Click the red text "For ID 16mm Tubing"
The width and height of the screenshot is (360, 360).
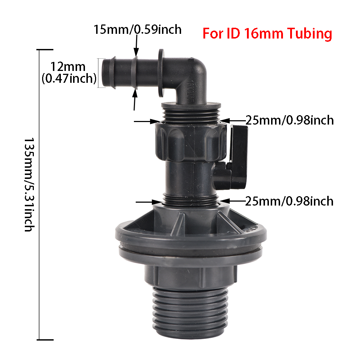tap(267, 34)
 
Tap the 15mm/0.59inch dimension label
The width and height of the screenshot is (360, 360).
tap(138, 29)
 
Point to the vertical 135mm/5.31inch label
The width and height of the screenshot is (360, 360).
tap(29, 184)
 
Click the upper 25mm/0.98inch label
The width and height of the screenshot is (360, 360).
tap(289, 120)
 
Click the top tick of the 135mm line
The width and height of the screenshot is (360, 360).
tap(46, 50)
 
